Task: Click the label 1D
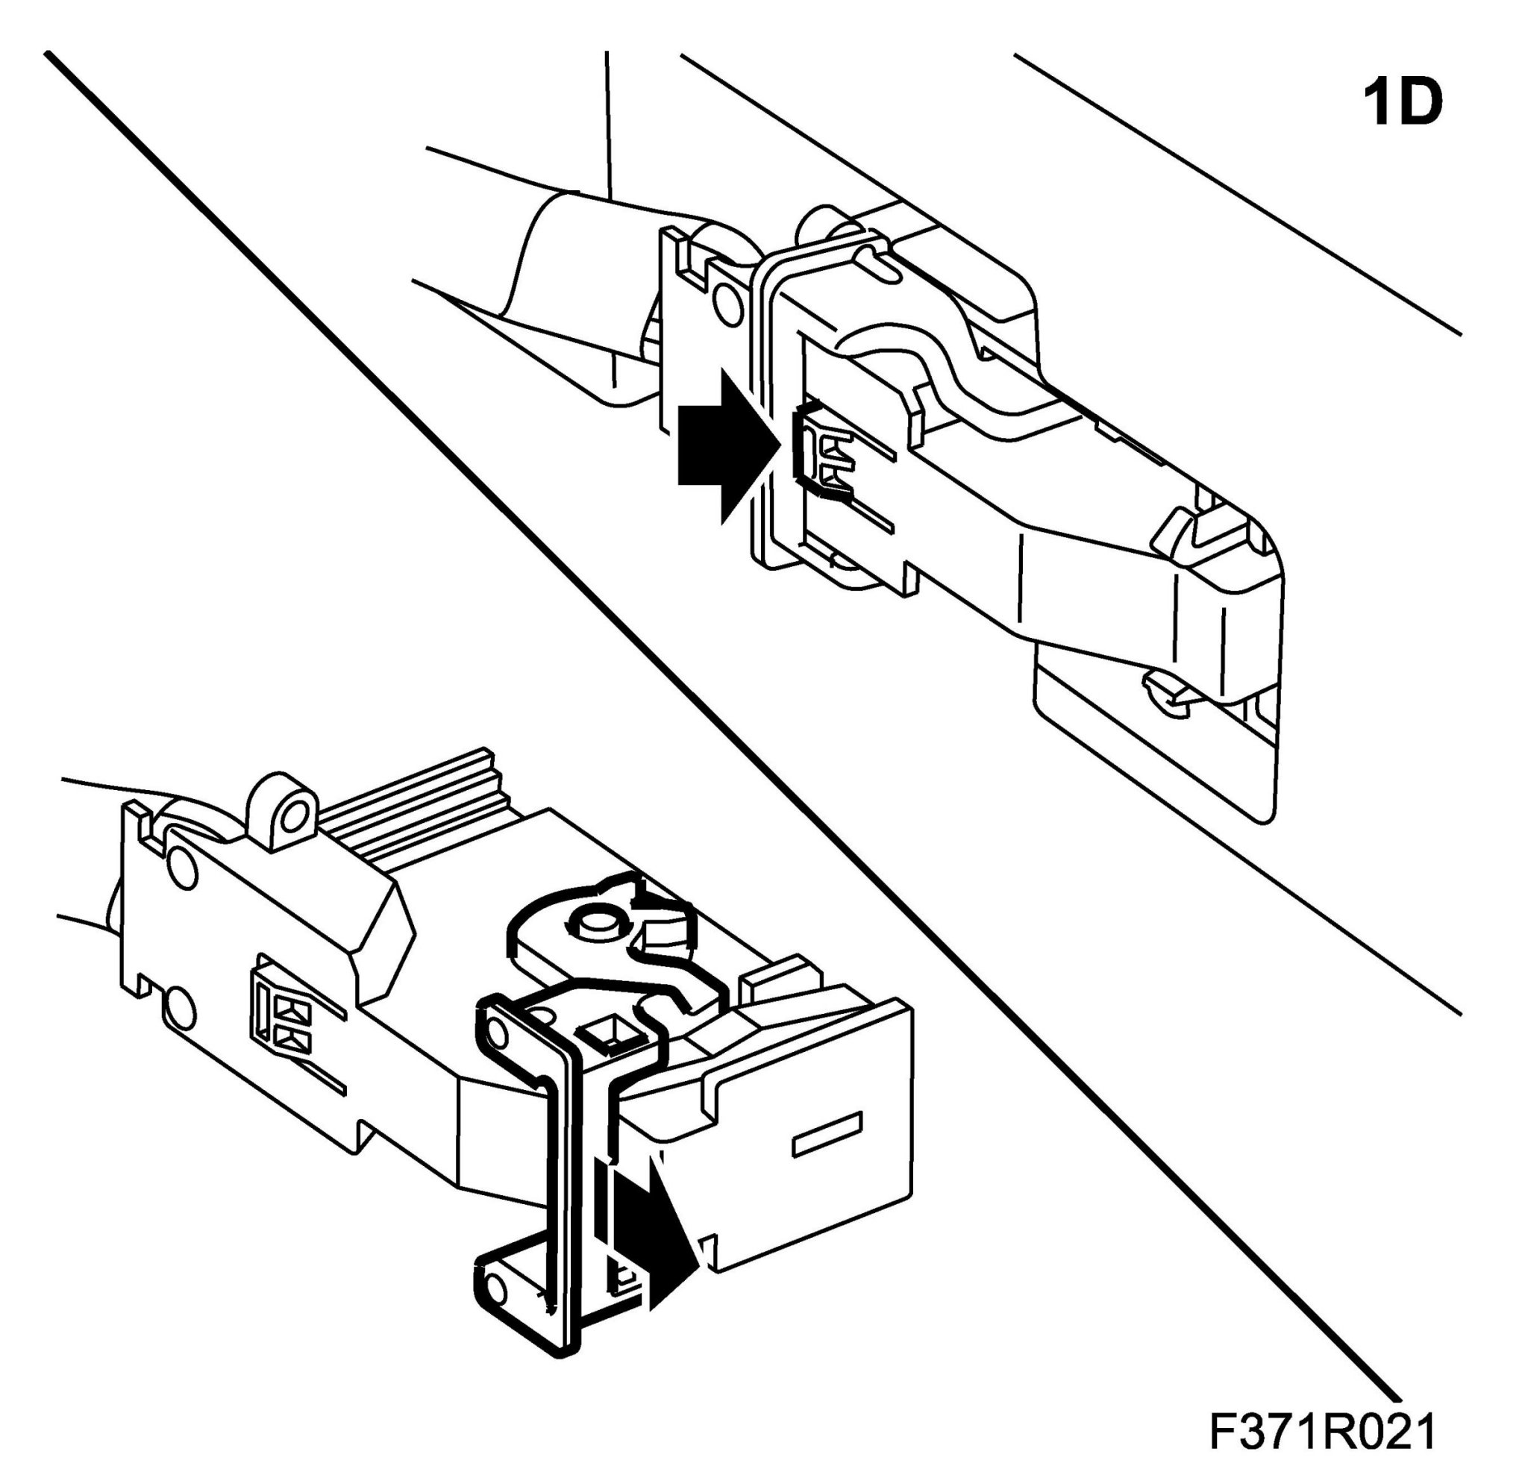tap(1403, 104)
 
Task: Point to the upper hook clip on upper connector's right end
tap(1184, 530)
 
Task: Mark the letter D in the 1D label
tap(1423, 104)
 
